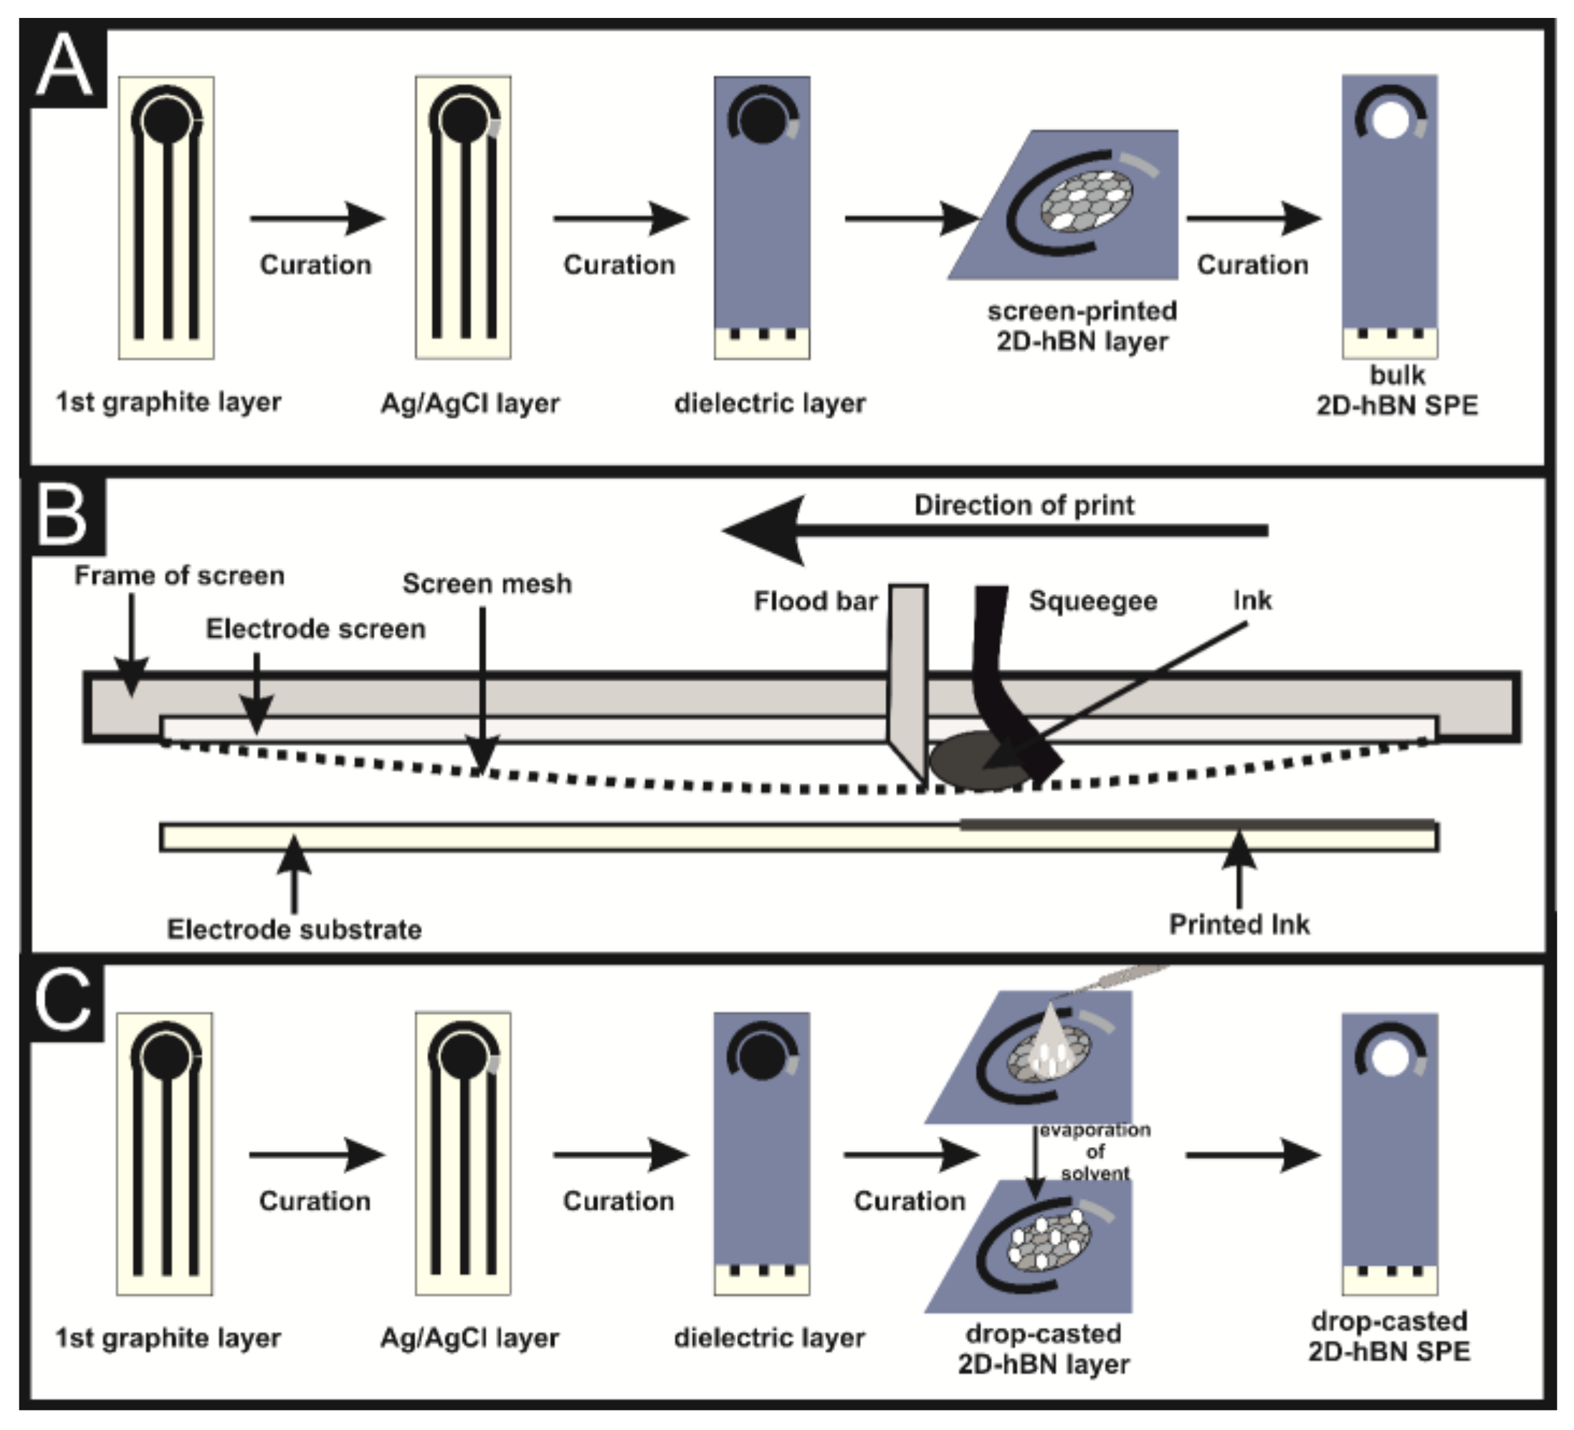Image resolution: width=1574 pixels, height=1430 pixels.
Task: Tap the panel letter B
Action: point(62,515)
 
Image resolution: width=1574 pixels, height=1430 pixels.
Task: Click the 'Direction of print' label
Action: point(1024,506)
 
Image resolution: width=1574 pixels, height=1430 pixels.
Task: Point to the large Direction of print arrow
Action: point(991,531)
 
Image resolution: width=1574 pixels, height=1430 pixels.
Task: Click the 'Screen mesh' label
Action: point(487,584)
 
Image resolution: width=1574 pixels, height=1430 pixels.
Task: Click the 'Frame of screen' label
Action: point(178,576)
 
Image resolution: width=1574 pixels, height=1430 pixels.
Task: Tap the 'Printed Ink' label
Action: point(1239,925)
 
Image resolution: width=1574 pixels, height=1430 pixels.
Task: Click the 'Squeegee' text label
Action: point(1092,601)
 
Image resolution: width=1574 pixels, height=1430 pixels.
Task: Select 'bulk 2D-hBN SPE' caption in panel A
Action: point(1397,391)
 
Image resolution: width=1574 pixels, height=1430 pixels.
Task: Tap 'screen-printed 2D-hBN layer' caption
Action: point(1082,326)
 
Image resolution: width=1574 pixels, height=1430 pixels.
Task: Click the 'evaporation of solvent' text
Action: point(1094,1151)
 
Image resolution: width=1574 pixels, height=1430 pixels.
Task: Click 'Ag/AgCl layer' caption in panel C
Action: point(469,1338)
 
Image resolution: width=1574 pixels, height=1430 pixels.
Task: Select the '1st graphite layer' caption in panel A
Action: point(168,403)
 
